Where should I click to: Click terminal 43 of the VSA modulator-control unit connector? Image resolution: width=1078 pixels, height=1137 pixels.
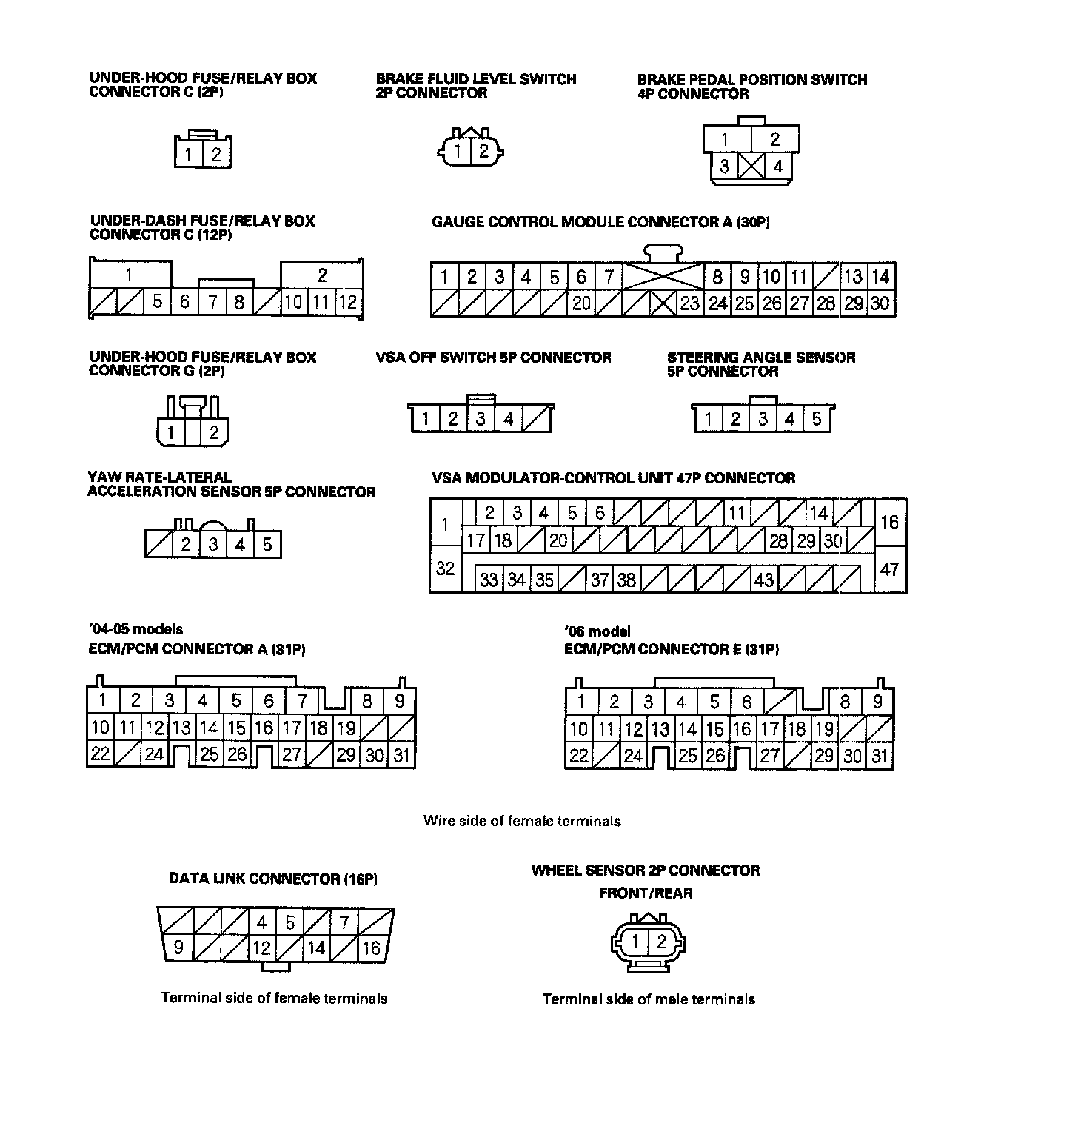tap(764, 579)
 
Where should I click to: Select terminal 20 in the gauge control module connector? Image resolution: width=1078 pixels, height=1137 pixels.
tap(582, 303)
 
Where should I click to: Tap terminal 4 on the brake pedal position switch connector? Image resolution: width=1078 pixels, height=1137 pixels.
tap(777, 167)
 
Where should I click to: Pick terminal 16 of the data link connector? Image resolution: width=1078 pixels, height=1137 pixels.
tap(371, 947)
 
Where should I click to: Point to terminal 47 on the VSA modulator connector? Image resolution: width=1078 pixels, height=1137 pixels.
tap(889, 569)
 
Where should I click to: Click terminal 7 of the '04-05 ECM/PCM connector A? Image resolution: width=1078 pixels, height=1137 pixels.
tap(302, 700)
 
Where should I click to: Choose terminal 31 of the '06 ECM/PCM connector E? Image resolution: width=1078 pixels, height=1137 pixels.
tap(879, 756)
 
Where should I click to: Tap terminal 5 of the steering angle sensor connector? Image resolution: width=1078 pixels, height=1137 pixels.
tap(816, 420)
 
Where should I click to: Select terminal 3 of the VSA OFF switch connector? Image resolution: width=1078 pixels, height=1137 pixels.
tap(481, 420)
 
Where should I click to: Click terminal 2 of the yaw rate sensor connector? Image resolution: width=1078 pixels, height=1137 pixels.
tap(186, 546)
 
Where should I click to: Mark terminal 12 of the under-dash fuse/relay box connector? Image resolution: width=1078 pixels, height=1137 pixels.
tap(347, 302)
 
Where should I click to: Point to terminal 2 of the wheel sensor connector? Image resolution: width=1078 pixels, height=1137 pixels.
tap(661, 942)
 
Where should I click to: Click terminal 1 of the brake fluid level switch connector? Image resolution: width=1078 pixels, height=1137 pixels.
tap(458, 152)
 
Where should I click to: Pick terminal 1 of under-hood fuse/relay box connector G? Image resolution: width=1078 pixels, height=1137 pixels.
tap(172, 433)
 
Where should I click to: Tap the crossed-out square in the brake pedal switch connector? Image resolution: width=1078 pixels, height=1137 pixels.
tap(751, 167)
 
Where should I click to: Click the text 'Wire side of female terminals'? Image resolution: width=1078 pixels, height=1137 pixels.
tap(522, 821)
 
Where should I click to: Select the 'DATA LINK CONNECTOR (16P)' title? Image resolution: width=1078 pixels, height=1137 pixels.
tap(273, 879)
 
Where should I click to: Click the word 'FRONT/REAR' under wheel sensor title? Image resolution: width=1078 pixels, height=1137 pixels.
tap(646, 893)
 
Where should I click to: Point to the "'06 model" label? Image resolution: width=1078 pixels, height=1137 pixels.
tap(597, 631)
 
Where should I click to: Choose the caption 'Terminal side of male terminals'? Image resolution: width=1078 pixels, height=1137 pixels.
tap(649, 1000)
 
